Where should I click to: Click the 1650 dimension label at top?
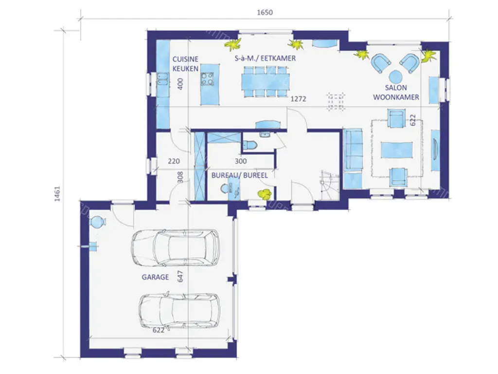tap(265, 12)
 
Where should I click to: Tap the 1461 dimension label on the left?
tap(57, 194)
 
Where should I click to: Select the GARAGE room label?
tap(155, 277)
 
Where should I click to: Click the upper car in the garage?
tap(176, 247)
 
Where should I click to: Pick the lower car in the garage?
tap(179, 310)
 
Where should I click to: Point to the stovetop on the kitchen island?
tap(207, 79)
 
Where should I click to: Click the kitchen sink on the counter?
tap(162, 79)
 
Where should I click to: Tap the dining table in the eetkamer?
tap(265, 81)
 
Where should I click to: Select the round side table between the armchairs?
tap(395, 76)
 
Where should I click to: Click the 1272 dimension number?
tap(299, 99)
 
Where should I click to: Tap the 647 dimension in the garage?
tap(180, 276)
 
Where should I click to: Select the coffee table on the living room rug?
tap(397, 150)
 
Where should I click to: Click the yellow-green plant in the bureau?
tap(265, 194)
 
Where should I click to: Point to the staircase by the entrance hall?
tap(330, 186)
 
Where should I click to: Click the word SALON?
tap(396, 88)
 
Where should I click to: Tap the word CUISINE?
tap(185, 59)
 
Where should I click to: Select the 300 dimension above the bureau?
tap(241, 161)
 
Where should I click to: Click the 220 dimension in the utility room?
tap(174, 161)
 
